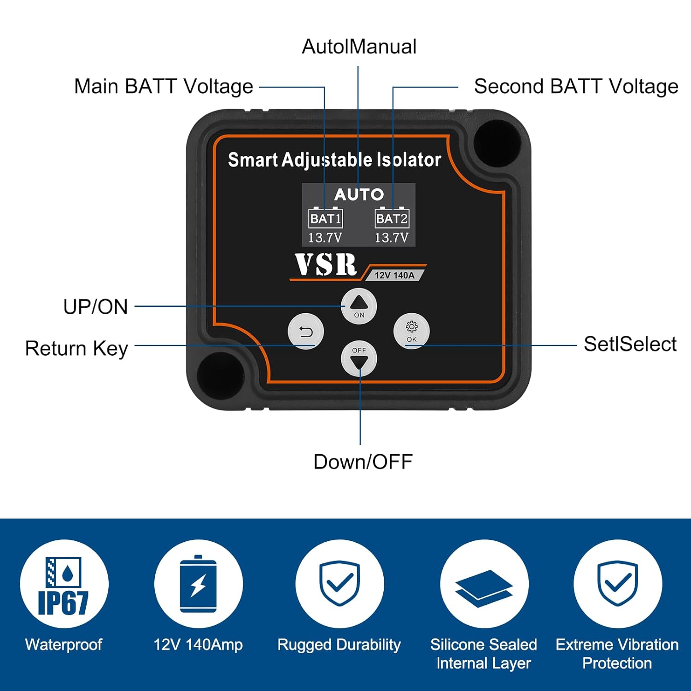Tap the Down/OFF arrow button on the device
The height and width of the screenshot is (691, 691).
[359, 359]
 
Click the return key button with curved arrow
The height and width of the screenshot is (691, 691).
[306, 331]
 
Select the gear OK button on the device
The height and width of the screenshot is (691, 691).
[411, 331]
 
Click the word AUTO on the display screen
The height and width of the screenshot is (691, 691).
[359, 194]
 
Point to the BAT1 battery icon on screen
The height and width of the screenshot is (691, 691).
[325, 218]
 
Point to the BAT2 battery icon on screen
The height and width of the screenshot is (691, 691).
[392, 218]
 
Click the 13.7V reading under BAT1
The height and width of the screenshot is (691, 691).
[325, 238]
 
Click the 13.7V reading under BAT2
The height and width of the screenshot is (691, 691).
[391, 238]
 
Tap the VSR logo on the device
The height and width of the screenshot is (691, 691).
[326, 265]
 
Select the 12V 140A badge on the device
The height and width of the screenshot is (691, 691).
[394, 275]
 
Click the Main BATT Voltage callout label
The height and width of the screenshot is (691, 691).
[164, 86]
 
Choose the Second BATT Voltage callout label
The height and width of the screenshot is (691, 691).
[576, 86]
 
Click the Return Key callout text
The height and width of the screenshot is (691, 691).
[76, 348]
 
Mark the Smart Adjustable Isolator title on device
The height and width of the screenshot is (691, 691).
[334, 159]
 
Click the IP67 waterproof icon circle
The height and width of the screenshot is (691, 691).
[64, 584]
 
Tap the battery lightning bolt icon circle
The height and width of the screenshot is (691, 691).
[198, 584]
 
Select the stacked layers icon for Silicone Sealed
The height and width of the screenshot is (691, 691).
[484, 584]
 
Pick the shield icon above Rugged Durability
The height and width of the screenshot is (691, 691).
[340, 584]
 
